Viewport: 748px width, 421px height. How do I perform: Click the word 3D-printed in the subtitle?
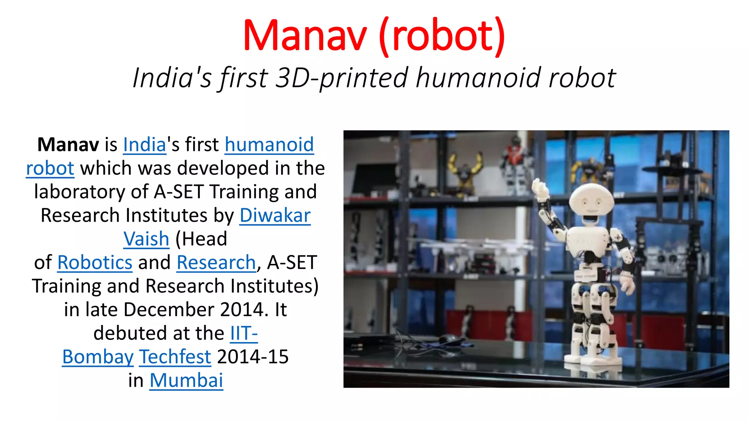(341, 78)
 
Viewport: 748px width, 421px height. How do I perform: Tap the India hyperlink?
(145, 145)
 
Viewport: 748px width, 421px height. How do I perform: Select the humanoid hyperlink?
(269, 145)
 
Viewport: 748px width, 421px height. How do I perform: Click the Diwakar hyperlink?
(275, 216)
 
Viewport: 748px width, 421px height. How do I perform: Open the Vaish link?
(146, 239)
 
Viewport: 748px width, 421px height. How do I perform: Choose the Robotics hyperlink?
(95, 263)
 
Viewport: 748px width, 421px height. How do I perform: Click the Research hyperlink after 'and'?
(216, 263)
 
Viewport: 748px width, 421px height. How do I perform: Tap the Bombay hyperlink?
(98, 357)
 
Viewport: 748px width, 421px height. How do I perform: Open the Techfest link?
(175, 357)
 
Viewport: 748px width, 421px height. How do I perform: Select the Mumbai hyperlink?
(186, 381)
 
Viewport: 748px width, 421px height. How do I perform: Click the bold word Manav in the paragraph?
(68, 145)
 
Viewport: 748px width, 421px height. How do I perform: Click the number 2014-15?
(253, 357)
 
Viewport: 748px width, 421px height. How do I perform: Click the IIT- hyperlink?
(244, 333)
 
